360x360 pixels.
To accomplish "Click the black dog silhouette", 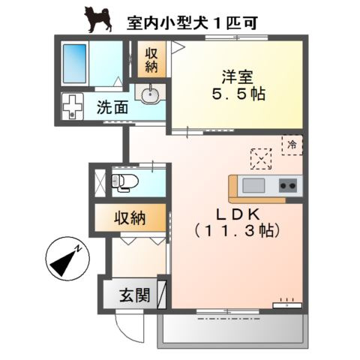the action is [98, 19].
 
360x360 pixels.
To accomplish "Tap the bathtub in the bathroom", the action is [74, 64].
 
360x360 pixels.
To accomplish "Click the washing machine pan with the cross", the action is [72, 106].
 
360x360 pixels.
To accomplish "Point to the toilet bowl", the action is [125, 181].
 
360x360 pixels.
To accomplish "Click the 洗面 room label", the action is [112, 107].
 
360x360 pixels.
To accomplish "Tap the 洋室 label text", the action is [238, 76].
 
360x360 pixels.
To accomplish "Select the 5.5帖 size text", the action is [238, 94].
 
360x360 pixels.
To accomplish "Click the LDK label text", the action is [238, 214].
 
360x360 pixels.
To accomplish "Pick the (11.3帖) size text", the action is [237, 230].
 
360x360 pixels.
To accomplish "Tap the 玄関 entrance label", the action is [135, 295].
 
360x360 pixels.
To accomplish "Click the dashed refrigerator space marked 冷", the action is [292, 145].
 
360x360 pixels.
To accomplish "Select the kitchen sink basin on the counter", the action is [253, 185].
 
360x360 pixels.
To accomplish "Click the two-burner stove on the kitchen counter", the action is [288, 185].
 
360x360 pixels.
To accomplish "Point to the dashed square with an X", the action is [261, 159].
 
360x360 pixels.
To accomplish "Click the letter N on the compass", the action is [79, 249].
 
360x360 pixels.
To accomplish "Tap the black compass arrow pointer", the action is [63, 263].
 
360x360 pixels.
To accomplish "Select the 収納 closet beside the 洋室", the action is [151, 59].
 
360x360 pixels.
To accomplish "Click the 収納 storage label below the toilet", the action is [130, 218].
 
